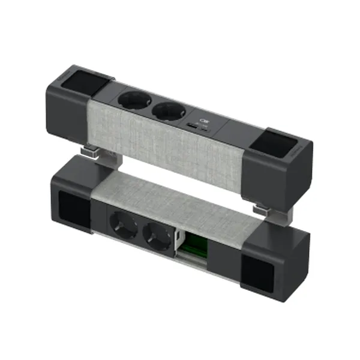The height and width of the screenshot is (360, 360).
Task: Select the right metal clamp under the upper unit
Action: click(x=262, y=210)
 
